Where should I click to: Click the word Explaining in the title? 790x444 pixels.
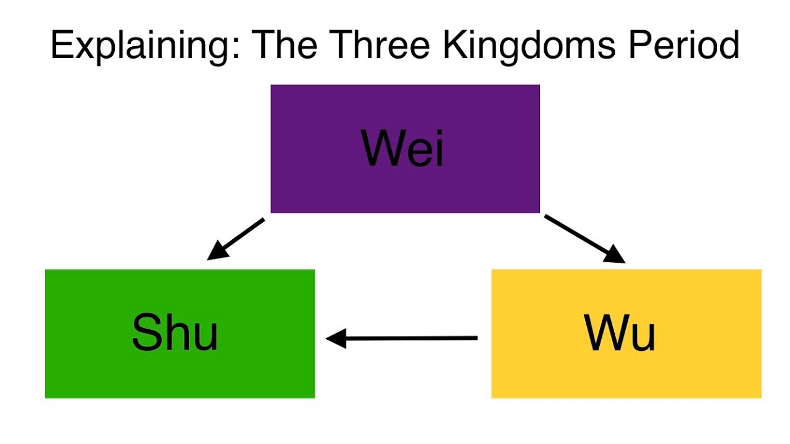pos(145,46)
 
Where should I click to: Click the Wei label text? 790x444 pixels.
pos(402,148)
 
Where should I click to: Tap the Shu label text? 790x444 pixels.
pos(175,332)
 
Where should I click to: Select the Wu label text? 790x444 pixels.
pos(620,332)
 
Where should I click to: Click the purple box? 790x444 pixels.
pos(405,149)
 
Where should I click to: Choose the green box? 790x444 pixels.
pos(180,334)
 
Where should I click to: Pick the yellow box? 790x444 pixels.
pos(626,334)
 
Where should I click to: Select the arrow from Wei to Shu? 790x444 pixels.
pos(236,239)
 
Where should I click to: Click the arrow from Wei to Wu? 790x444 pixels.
pos(585,239)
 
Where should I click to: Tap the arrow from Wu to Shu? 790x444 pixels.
pos(401,339)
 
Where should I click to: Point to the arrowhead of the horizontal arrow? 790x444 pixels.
pos(336,339)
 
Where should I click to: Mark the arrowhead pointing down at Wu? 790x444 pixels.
pos(616,255)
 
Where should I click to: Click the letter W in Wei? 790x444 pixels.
pos(381,148)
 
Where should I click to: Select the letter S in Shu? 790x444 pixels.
pos(146,332)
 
